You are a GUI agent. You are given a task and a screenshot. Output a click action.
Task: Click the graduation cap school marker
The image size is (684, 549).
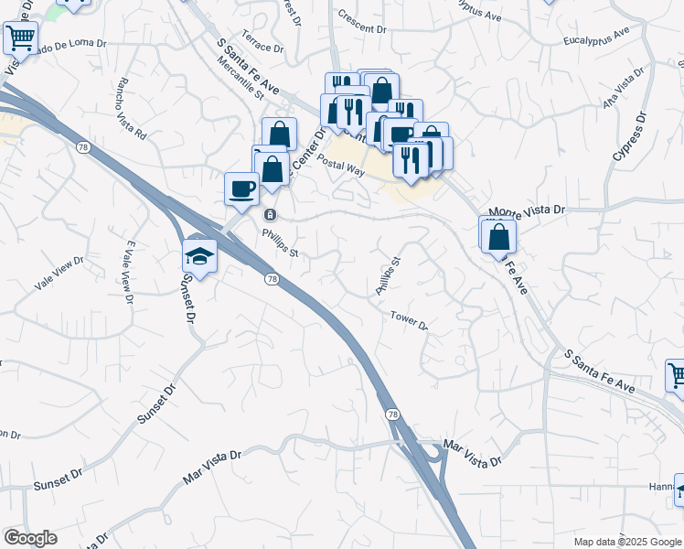coord(198,256)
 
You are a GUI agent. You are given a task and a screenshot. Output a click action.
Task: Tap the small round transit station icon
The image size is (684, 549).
coord(270,214)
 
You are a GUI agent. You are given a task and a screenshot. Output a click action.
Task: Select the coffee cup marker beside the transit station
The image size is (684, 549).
coord(241,188)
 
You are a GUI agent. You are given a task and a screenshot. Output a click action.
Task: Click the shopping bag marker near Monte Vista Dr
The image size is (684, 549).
coord(498,236)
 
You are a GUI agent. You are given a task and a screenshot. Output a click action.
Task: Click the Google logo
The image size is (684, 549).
coord(30,538)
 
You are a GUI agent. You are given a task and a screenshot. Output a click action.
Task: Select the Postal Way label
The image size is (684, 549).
coord(341,165)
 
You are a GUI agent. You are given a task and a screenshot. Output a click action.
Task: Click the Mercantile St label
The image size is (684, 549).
coord(240,79)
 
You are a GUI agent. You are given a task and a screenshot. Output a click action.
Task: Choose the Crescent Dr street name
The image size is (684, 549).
coord(362,23)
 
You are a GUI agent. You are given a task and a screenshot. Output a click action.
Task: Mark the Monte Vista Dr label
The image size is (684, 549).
coord(528,211)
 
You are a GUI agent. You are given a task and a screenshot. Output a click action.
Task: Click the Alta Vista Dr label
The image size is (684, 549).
coord(625,91)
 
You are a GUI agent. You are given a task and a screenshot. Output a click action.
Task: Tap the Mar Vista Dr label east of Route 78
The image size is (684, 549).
coord(473,454)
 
